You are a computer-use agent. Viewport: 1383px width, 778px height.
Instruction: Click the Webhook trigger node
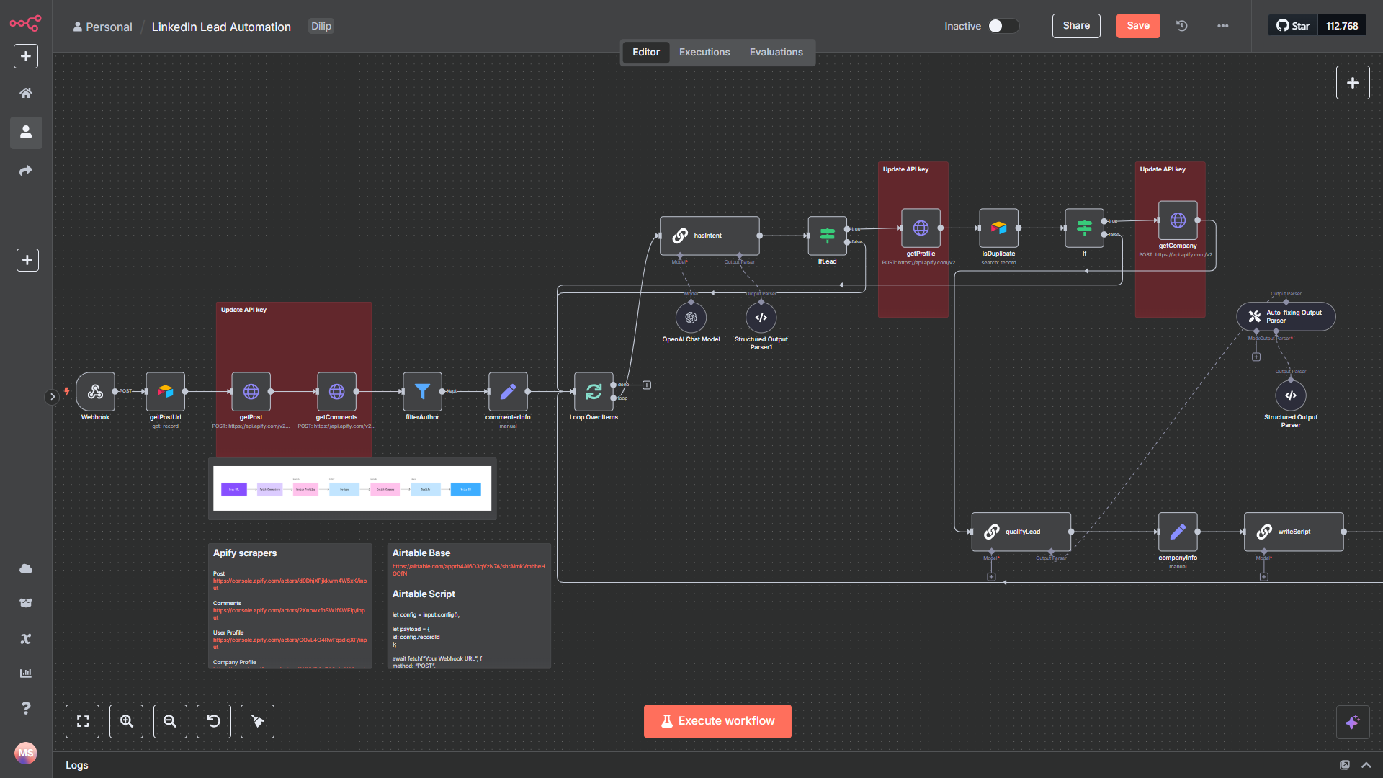tap(95, 391)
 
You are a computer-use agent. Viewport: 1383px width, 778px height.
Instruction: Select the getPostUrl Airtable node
tap(165, 391)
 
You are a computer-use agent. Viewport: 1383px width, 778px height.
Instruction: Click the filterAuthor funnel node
tap(422, 391)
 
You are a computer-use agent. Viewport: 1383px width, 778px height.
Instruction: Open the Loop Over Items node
tap(594, 391)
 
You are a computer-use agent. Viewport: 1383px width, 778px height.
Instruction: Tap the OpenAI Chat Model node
tap(691, 318)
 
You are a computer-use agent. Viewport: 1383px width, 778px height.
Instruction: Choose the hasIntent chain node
tap(709, 236)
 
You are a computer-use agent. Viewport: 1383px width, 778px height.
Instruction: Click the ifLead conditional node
tap(827, 235)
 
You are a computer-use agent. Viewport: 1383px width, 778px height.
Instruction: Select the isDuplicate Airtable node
tap(998, 228)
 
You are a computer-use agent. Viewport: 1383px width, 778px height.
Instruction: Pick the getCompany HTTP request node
tap(1178, 220)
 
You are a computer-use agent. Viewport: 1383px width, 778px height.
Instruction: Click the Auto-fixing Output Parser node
tap(1286, 316)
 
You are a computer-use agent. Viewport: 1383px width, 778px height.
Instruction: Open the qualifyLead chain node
tap(1021, 532)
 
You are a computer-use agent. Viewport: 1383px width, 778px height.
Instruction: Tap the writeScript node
tap(1293, 532)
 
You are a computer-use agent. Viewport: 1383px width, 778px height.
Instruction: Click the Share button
tap(1076, 26)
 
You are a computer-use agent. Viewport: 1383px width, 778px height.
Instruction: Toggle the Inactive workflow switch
tap(1003, 26)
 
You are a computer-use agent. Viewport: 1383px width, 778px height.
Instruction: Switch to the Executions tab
tap(704, 53)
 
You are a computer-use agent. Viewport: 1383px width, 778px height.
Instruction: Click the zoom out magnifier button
tap(170, 721)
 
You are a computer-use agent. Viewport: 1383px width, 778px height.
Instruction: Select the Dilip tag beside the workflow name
tap(321, 27)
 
